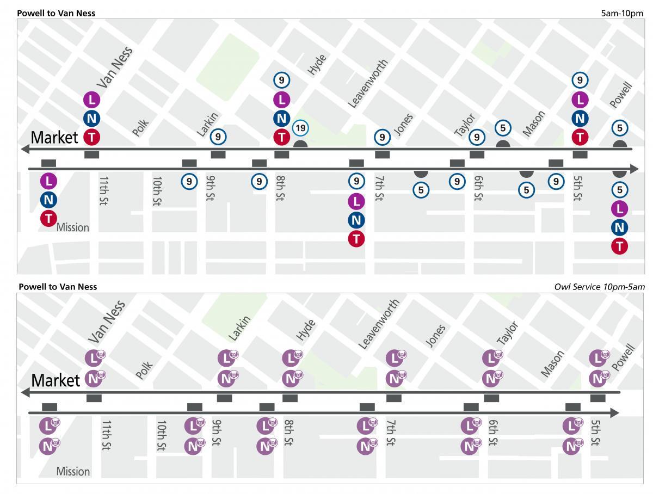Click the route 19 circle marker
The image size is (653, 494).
(x=300, y=128)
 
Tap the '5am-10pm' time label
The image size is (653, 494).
(x=622, y=13)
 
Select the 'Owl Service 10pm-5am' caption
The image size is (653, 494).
(x=599, y=287)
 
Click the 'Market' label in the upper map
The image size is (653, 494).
(x=54, y=137)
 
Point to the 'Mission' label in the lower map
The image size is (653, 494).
(x=73, y=471)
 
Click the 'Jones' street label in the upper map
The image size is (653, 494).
(x=403, y=125)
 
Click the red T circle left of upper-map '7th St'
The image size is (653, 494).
(x=356, y=238)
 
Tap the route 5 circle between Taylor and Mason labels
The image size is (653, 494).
(x=503, y=128)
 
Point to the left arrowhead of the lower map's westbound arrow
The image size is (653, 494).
(x=24, y=392)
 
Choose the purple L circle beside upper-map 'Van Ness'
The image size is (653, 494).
(x=92, y=100)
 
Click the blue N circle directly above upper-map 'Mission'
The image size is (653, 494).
(x=48, y=200)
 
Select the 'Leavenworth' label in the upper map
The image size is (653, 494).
(x=367, y=84)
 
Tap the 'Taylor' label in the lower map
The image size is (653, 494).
(x=507, y=332)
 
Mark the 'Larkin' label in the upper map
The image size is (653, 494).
(x=207, y=124)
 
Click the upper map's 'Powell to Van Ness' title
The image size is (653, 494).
(x=57, y=13)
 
